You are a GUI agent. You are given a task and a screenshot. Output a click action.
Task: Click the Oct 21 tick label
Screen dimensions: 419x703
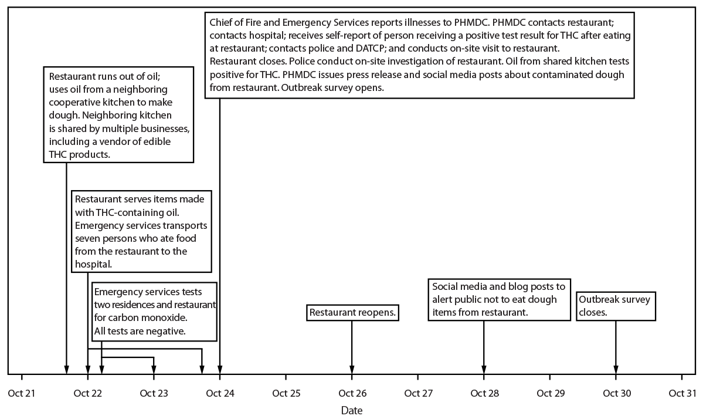click(22, 393)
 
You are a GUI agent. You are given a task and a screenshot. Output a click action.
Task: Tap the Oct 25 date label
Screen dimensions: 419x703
click(286, 393)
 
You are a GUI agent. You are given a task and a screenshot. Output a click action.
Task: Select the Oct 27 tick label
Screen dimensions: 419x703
click(417, 393)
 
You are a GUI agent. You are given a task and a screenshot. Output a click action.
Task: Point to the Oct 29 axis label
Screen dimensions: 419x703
click(549, 393)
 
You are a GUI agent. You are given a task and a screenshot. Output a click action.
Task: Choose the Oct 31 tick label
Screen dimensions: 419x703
click(681, 393)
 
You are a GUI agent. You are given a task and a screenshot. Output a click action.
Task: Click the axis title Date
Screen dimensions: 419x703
click(351, 410)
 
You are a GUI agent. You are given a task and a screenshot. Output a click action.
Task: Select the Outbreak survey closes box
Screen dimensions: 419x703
click(615, 306)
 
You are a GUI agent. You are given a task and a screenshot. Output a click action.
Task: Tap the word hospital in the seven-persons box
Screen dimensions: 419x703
click(93, 264)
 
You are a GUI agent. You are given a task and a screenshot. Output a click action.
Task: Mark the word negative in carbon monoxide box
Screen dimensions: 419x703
click(168, 331)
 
